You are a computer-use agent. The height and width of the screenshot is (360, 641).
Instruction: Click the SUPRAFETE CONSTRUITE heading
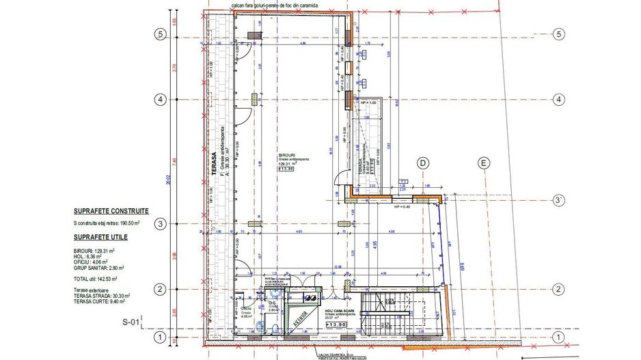[111, 212]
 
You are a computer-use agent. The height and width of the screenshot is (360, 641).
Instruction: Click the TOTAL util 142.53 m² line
[95, 279]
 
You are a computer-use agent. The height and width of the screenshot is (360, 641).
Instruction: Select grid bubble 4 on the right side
[559, 100]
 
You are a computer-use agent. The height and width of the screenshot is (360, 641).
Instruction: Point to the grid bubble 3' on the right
[558, 199]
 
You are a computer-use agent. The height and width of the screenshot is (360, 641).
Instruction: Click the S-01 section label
[131, 322]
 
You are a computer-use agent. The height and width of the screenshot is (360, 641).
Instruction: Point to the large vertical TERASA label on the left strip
[213, 164]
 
